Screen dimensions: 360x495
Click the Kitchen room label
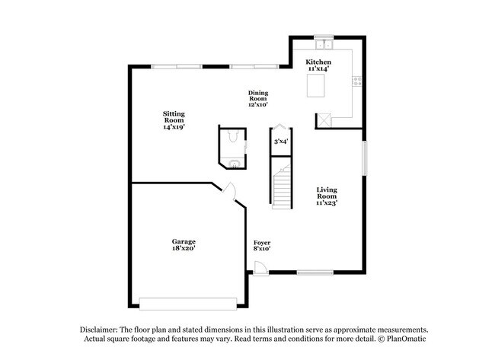(x=319, y=65)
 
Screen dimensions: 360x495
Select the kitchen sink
(x=323, y=44)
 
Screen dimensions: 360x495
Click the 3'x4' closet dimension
(x=281, y=141)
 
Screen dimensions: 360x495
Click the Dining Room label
(x=257, y=97)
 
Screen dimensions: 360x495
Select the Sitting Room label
(x=174, y=120)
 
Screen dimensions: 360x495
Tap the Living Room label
(x=327, y=196)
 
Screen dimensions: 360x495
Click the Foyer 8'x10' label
(x=262, y=245)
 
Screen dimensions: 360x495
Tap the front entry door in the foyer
(x=260, y=269)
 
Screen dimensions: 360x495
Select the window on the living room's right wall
(x=364, y=158)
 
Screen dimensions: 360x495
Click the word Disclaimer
(x=101, y=328)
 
